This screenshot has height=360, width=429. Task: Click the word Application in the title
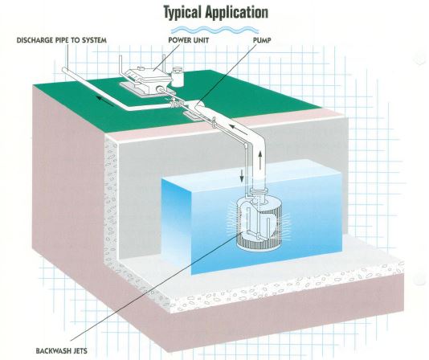237,12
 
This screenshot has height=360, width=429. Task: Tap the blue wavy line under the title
214,30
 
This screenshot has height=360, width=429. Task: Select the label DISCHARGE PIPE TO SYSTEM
62,40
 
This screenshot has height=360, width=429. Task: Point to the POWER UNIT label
189,40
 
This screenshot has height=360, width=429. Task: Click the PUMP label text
262,40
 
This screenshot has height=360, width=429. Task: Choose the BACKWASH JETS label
62,350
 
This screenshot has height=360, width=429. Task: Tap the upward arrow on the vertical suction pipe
259,159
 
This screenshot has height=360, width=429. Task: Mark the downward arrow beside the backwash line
242,175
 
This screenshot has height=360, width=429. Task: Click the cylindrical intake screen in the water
259,223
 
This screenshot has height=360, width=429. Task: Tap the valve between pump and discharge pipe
177,103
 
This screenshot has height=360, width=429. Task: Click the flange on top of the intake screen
258,190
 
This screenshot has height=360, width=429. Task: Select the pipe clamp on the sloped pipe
214,122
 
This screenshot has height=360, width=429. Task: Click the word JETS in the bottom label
79,350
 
